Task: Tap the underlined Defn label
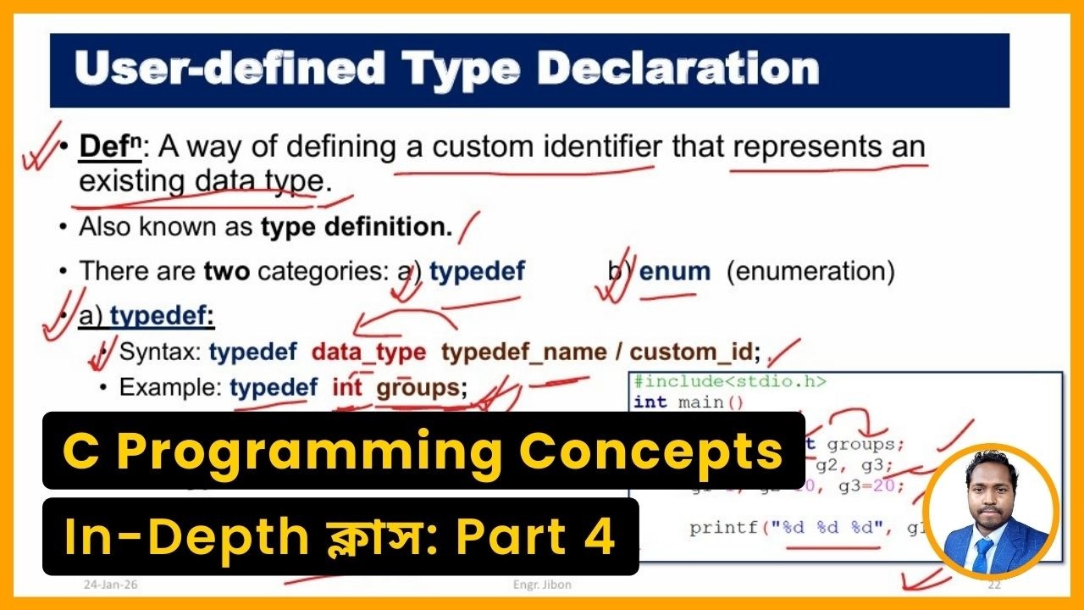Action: [x=101, y=147]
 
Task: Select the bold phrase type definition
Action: [x=357, y=227]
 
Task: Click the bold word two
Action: [x=226, y=271]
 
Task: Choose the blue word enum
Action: [x=675, y=271]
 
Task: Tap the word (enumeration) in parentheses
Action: [x=810, y=271]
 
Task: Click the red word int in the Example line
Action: [x=346, y=388]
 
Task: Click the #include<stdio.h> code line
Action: [x=729, y=382]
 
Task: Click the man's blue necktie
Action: [x=983, y=555]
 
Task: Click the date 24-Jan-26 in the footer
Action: [x=105, y=585]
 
